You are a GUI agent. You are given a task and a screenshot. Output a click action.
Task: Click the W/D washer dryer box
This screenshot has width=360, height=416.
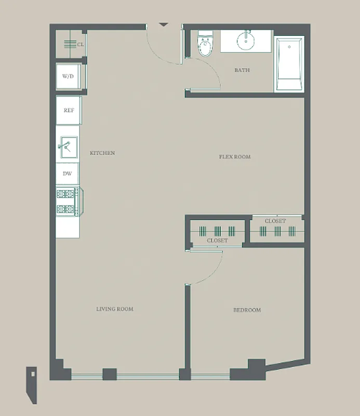pyautogui.click(x=68, y=77)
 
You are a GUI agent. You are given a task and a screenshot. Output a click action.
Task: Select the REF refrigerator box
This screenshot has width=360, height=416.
pyautogui.click(x=68, y=110)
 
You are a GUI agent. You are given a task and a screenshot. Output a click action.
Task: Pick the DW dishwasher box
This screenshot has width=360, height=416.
pyautogui.click(x=68, y=174)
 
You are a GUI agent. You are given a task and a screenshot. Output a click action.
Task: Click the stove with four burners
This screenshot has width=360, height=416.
pyautogui.click(x=68, y=202)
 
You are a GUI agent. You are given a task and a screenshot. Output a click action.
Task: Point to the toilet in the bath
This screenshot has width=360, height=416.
pyautogui.click(x=206, y=46)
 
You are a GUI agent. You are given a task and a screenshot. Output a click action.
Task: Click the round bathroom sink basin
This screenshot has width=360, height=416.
pyautogui.click(x=246, y=41)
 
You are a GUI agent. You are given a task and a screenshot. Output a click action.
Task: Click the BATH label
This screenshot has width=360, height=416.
pyautogui.click(x=242, y=70)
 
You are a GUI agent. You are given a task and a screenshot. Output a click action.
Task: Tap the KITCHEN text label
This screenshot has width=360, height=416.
pyautogui.click(x=102, y=153)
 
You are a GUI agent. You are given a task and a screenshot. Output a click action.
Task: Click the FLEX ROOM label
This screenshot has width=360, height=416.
pyautogui.click(x=234, y=157)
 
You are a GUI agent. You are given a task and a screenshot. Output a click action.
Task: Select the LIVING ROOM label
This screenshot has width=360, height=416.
pyautogui.click(x=115, y=309)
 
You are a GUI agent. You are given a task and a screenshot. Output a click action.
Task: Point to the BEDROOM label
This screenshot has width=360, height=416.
pyautogui.click(x=247, y=310)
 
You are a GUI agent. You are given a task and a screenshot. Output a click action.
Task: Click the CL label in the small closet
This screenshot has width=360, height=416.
pyautogui.click(x=81, y=45)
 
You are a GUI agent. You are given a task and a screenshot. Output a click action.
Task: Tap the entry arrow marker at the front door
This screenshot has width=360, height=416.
pyautogui.click(x=164, y=24)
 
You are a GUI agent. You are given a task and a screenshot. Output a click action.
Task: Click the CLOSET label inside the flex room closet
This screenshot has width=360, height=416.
pyautogui.click(x=275, y=221)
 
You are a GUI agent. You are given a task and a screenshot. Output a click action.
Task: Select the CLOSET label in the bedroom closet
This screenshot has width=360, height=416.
pyautogui.click(x=217, y=241)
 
